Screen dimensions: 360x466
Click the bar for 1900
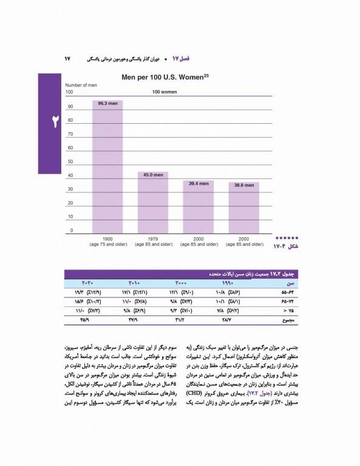point(107,166)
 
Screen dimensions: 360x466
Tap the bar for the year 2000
point(198,206)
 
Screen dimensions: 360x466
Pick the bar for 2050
point(243,206)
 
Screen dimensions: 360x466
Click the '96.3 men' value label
point(107,104)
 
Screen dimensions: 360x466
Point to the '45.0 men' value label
point(153,175)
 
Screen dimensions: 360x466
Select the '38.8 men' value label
point(243,184)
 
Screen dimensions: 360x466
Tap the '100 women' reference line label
point(164,92)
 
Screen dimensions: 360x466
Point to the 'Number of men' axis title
point(81,86)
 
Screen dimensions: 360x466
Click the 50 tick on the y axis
point(70,162)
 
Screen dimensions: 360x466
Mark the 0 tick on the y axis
point(71,231)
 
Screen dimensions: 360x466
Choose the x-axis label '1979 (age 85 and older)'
point(153,241)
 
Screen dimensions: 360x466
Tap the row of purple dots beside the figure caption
point(286,238)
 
